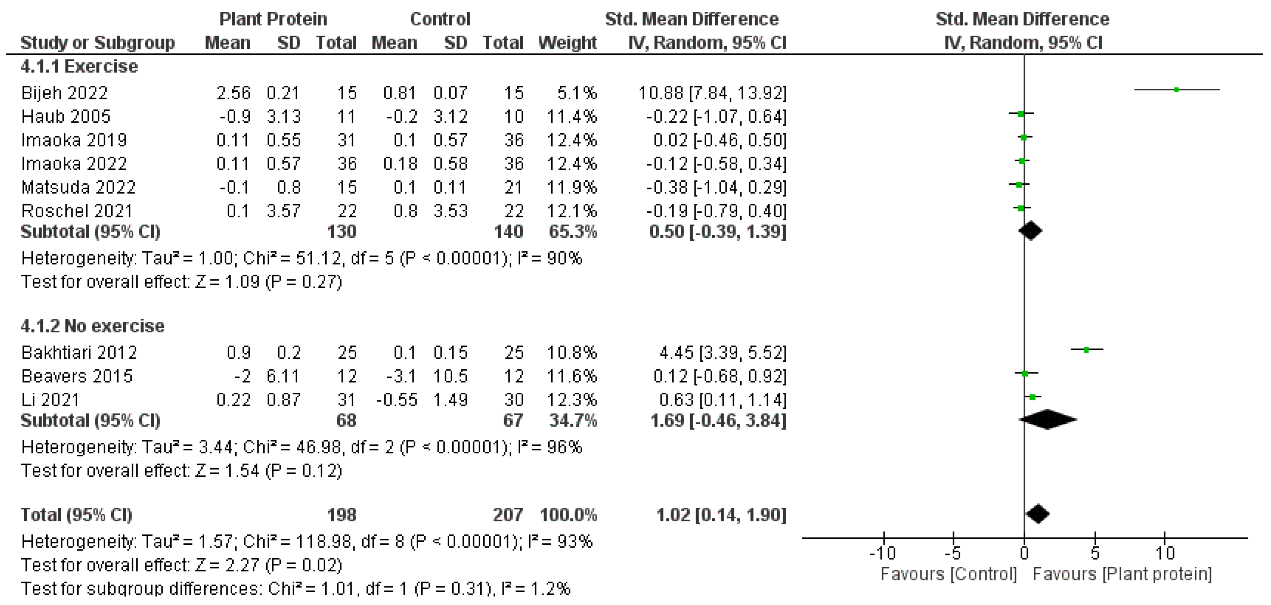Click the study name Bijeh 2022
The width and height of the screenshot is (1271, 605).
point(64,93)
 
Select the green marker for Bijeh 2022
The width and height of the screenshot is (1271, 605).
point(1177,89)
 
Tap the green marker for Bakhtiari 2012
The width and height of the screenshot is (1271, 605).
point(1086,350)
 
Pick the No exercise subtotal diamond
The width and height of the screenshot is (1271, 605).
point(1048,419)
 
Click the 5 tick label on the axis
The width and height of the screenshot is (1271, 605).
point(1095,553)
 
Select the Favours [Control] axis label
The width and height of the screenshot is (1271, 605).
point(949,574)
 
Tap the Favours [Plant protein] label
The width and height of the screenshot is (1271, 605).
point(1122,574)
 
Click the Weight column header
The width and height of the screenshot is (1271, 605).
point(567,42)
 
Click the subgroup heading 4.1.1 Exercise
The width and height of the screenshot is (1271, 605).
point(79,66)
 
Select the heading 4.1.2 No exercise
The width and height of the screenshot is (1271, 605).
point(92,326)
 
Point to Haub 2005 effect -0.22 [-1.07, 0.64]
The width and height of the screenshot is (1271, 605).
point(716,116)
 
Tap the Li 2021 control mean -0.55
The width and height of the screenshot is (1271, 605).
point(397,399)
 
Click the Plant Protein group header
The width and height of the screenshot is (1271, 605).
point(273,19)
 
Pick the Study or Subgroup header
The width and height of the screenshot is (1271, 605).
point(97,42)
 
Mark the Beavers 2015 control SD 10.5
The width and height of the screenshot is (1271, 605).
point(450,376)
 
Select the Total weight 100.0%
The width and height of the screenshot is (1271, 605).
point(568,515)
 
